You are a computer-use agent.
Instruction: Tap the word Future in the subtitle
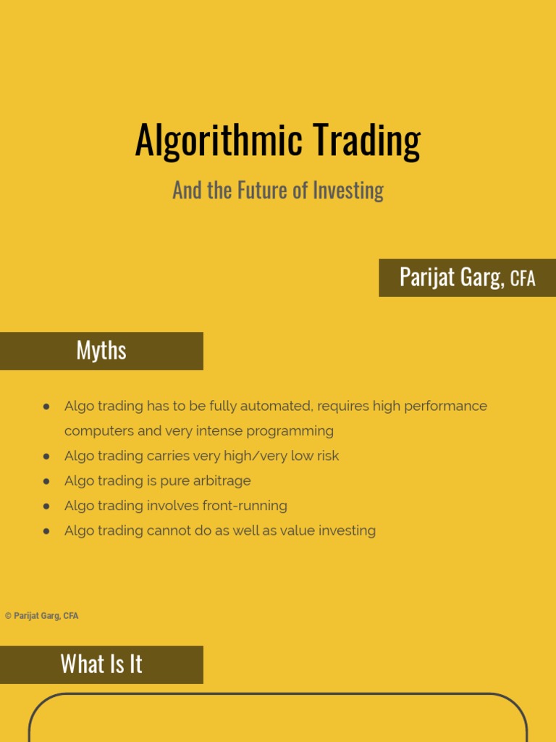[x=253, y=191]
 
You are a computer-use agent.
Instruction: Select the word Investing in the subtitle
[x=347, y=191]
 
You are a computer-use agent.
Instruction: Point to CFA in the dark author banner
[x=523, y=279]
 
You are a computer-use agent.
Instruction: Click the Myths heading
[x=101, y=351]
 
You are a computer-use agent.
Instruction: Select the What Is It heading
[x=101, y=664]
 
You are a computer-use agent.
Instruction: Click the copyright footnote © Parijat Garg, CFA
[x=42, y=616]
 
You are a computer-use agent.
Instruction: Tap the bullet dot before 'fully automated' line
[x=46, y=407]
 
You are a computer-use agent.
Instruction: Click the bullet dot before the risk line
[x=46, y=457]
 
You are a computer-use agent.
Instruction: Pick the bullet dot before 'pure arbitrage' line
[x=46, y=481]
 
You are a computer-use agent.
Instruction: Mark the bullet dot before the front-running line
[x=46, y=506]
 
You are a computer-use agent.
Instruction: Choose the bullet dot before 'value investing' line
[x=46, y=531]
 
